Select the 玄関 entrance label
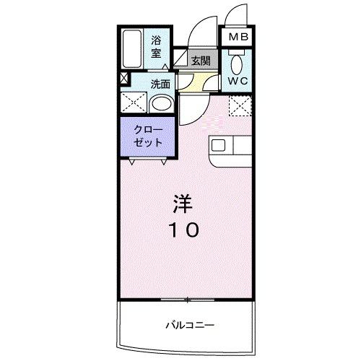[200, 61]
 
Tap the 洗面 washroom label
[160, 83]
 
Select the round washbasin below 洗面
[162, 104]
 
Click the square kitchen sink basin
[219, 144]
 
